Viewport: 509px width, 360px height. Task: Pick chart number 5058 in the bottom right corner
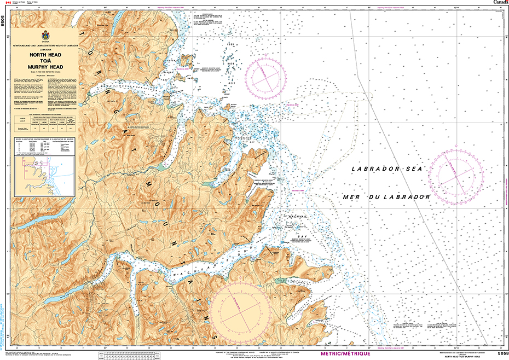pyautogui.click(x=497, y=353)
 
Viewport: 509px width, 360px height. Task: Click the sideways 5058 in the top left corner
pyautogui.click(x=3, y=21)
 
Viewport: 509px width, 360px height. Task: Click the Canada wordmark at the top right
pyautogui.click(x=500, y=2)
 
